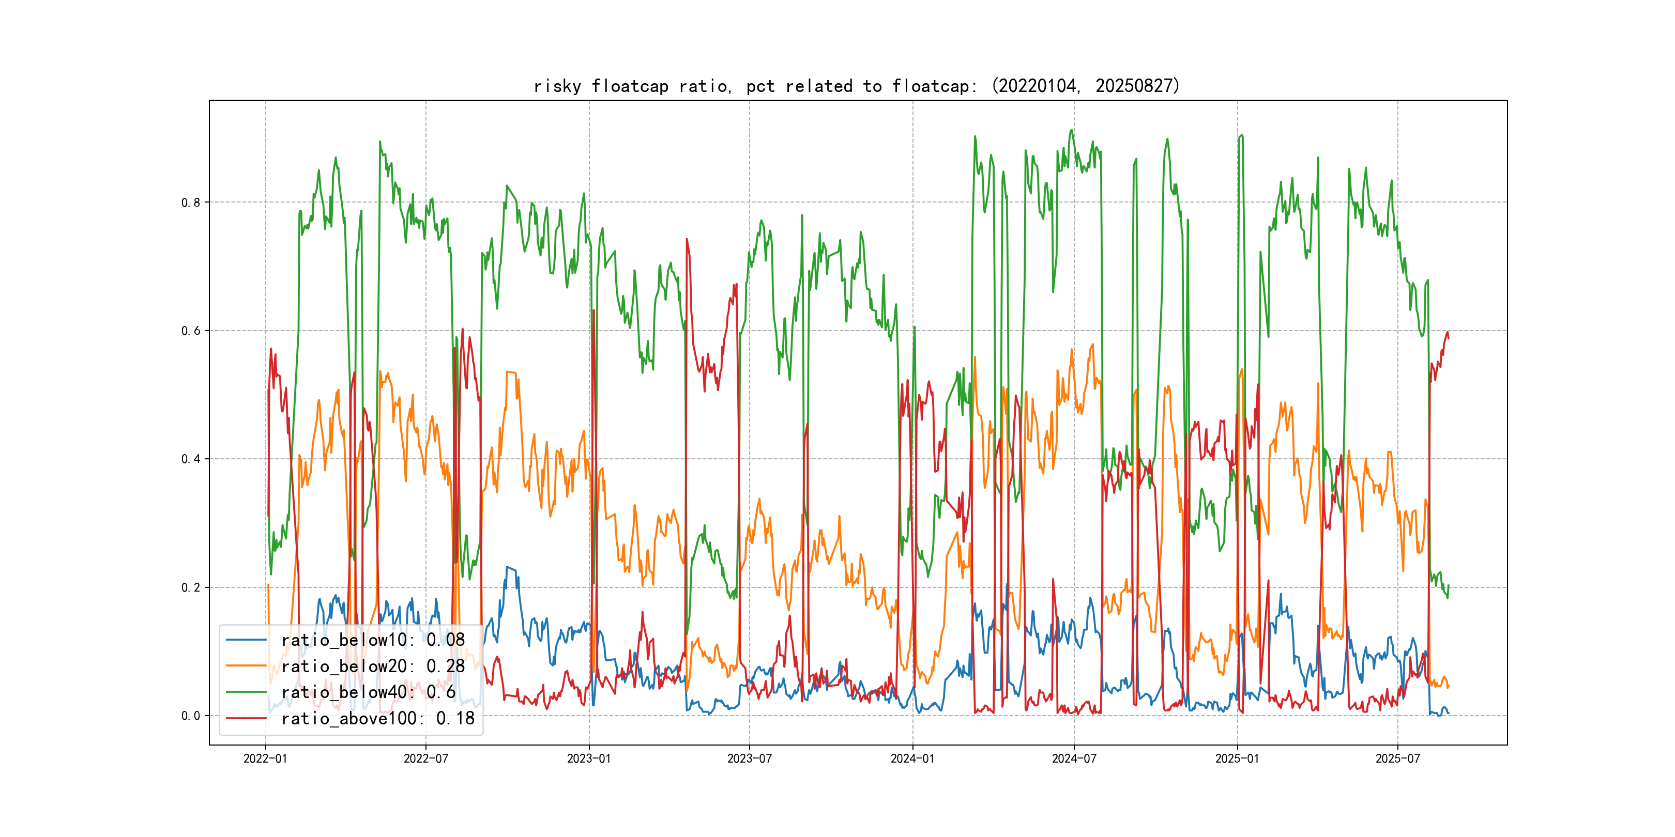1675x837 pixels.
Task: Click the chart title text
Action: coord(856,86)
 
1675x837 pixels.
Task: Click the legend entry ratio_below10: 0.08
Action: coord(373,640)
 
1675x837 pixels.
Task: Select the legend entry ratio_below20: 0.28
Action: coord(373,666)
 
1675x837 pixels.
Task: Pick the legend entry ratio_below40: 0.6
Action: coord(368,692)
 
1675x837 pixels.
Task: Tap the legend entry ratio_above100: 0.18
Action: coord(377,718)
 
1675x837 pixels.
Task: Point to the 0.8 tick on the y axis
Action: coord(191,203)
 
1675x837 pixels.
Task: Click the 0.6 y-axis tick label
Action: coord(191,331)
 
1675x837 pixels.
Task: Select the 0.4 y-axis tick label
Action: coord(191,459)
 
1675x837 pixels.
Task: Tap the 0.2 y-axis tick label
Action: coord(191,587)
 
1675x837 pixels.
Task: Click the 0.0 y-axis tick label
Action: coord(191,716)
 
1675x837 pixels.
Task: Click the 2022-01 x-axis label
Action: coord(265,759)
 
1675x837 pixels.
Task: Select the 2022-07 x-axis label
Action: coord(426,759)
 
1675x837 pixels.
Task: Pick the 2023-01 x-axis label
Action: coord(589,759)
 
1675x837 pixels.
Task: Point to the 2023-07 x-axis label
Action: coord(749,759)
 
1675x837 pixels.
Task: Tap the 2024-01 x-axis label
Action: coord(912,759)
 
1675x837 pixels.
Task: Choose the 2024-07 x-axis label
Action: coord(1074,759)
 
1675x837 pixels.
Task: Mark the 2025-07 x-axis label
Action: coord(1397,759)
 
